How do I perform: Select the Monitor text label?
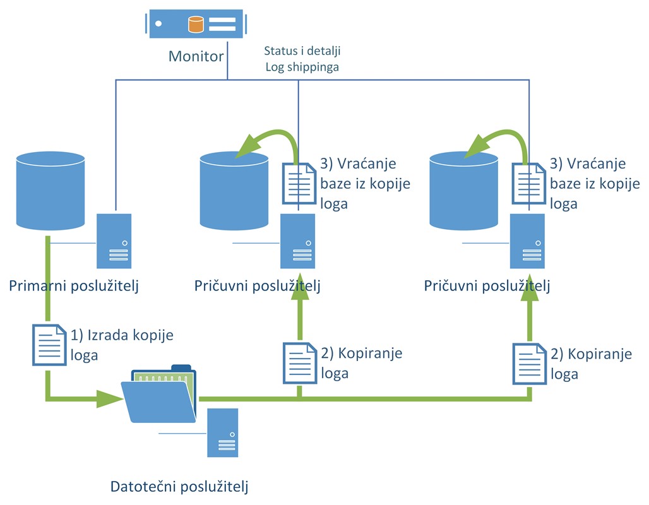(x=196, y=56)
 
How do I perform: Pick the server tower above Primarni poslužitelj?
(x=114, y=241)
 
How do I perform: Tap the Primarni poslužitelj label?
(x=74, y=285)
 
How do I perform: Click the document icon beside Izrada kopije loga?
(x=49, y=345)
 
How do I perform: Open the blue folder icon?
(x=161, y=398)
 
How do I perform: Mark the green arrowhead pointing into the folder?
(x=109, y=398)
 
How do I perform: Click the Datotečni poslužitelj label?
(x=180, y=487)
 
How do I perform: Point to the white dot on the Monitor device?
(x=158, y=25)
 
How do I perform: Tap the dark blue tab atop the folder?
(x=181, y=367)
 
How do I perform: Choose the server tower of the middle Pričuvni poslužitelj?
(x=298, y=241)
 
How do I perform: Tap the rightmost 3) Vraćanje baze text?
(x=587, y=164)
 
